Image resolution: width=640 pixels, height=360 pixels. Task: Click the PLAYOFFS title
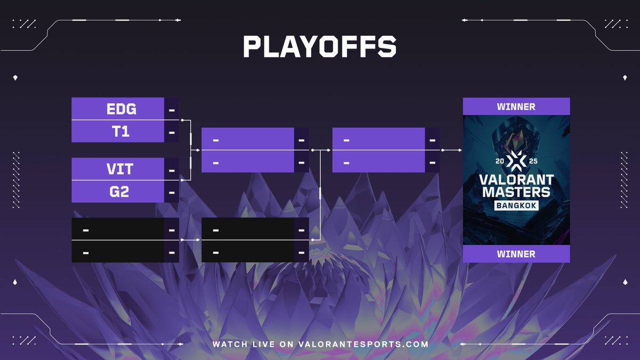click(x=319, y=46)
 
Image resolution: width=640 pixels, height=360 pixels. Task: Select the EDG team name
click(x=122, y=109)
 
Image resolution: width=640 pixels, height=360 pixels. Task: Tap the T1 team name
click(x=121, y=131)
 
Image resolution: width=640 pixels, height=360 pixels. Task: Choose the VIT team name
click(x=120, y=169)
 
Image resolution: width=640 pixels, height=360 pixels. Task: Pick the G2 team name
click(x=119, y=191)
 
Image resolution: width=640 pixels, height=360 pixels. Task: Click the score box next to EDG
click(x=172, y=109)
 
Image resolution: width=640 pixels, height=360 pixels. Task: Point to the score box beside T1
click(x=172, y=131)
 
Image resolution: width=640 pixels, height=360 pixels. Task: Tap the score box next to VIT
click(x=172, y=169)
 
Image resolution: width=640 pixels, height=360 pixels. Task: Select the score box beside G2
click(x=172, y=191)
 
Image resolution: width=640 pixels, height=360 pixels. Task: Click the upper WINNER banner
click(x=516, y=107)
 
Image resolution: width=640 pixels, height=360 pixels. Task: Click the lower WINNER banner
click(x=516, y=254)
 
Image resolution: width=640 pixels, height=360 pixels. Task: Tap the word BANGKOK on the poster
click(x=516, y=205)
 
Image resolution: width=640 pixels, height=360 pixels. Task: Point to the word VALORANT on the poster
click(x=517, y=180)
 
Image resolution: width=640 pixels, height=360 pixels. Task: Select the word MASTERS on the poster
click(x=516, y=192)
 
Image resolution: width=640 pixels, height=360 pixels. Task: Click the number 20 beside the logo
click(x=500, y=161)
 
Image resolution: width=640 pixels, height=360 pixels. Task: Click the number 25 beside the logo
click(x=533, y=161)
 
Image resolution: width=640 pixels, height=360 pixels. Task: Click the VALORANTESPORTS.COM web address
click(x=363, y=344)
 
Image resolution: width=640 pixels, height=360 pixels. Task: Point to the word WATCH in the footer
click(x=230, y=344)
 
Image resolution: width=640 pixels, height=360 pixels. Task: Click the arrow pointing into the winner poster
click(x=451, y=150)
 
